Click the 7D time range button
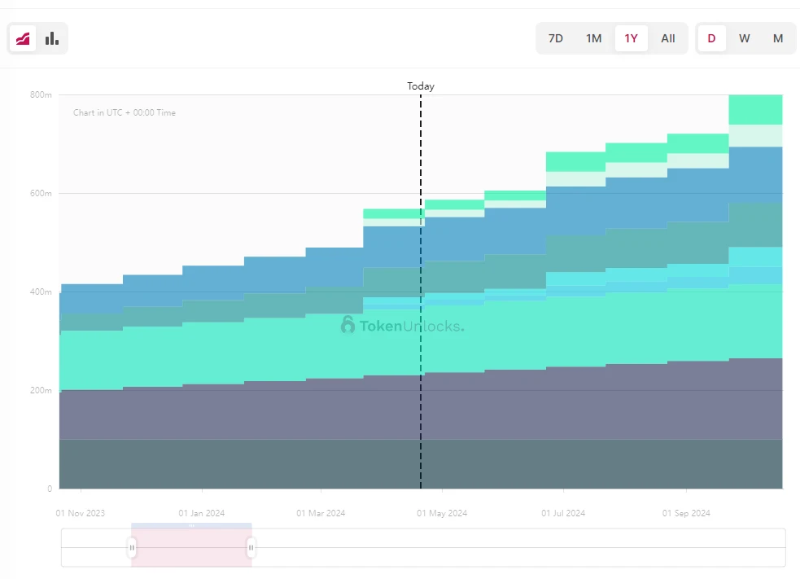tap(556, 38)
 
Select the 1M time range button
tap(594, 38)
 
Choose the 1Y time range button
tap(631, 38)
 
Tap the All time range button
tap(668, 38)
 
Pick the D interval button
tap(711, 38)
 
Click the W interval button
tap(745, 38)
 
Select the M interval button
tap(778, 38)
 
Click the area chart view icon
tap(23, 38)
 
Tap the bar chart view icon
tap(52, 38)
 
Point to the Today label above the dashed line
tap(421, 86)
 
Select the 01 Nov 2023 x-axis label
tap(81, 513)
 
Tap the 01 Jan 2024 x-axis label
tap(202, 513)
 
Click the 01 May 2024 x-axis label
tap(442, 513)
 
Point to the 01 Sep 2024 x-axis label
tap(686, 513)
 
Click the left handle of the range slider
tap(132, 548)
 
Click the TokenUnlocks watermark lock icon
tap(348, 326)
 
